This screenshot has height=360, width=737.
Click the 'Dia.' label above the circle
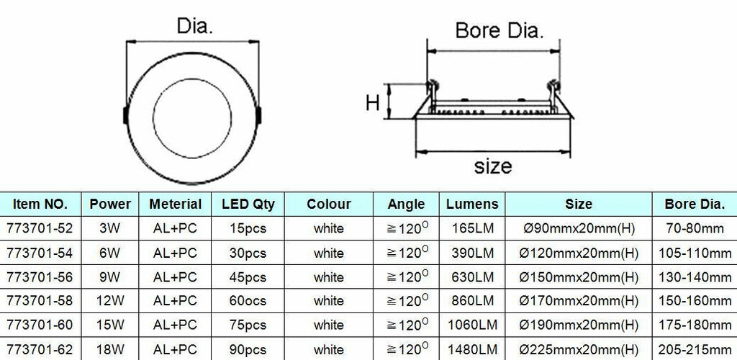pyautogui.click(x=194, y=26)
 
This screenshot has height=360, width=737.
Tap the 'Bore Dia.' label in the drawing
pyautogui.click(x=499, y=31)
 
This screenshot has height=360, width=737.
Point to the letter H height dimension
pyautogui.click(x=372, y=102)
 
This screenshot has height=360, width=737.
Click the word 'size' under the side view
pyautogui.click(x=493, y=166)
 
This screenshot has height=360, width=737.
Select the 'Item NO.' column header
pyautogui.click(x=40, y=204)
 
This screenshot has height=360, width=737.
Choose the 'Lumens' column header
pyautogui.click(x=472, y=204)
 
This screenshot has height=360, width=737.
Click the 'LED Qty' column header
pyautogui.click(x=248, y=204)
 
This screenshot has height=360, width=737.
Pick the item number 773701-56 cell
pyautogui.click(x=40, y=277)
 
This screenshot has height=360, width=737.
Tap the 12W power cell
pyautogui.click(x=110, y=301)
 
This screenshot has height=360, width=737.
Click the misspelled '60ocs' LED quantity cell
pyautogui.click(x=248, y=301)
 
